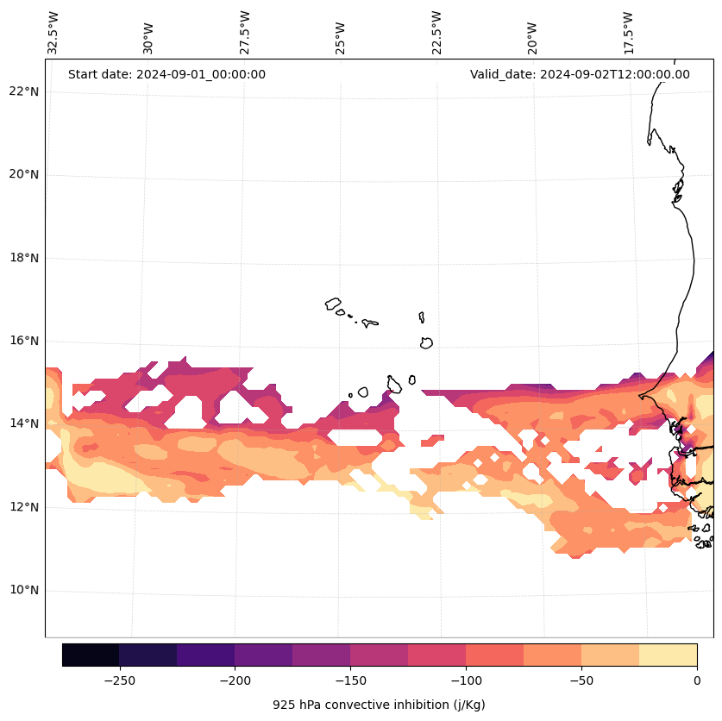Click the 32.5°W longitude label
tap(53, 33)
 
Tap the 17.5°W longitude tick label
tap(629, 33)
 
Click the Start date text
tap(166, 74)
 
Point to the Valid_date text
tap(580, 74)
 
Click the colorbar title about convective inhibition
tap(379, 705)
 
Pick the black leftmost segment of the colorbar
tap(91, 655)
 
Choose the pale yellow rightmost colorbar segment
tap(668, 655)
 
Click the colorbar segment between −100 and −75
tap(494, 655)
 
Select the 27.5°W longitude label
tap(245, 33)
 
